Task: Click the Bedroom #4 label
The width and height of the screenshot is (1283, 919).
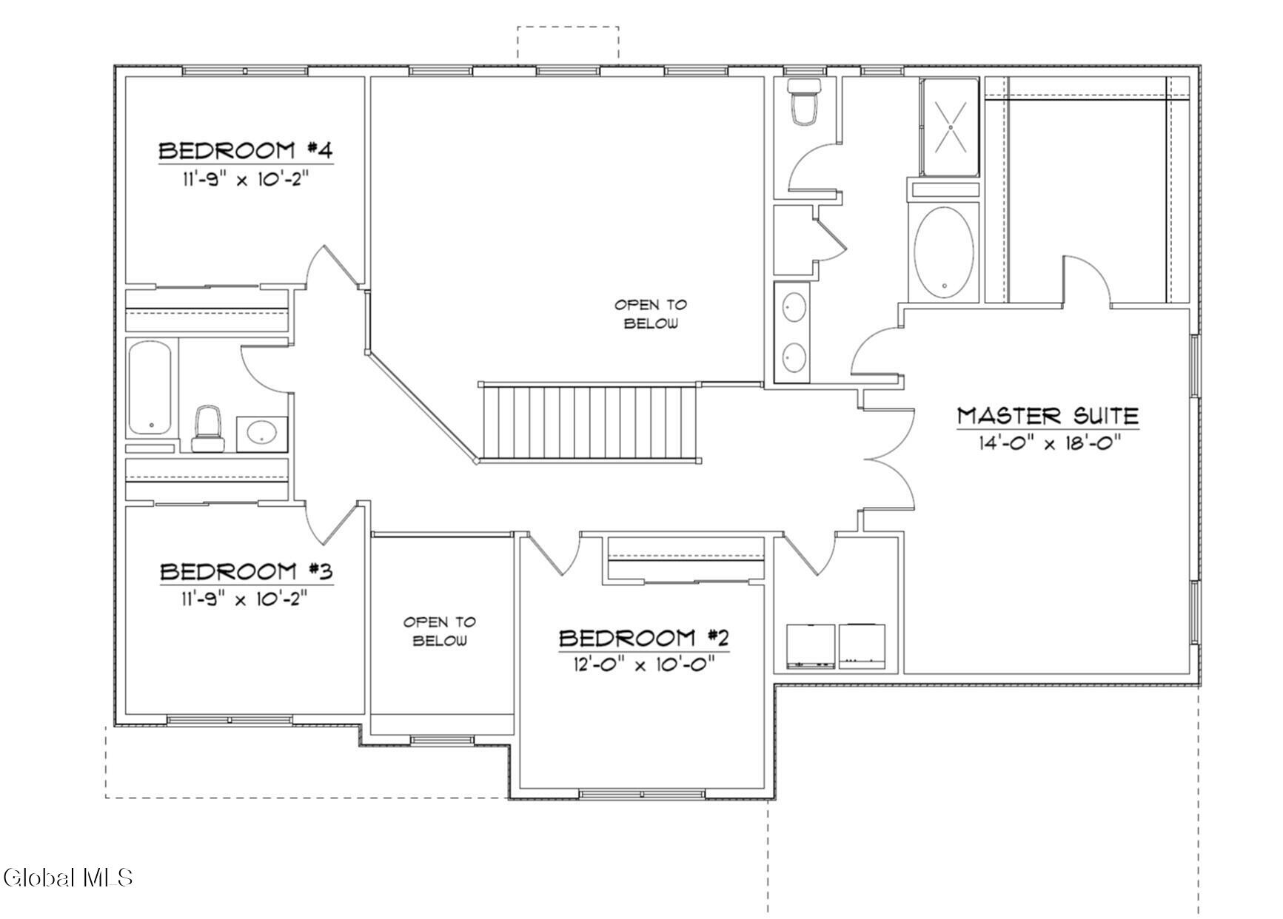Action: pyautogui.click(x=246, y=151)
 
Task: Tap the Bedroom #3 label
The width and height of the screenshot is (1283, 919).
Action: pyautogui.click(x=247, y=572)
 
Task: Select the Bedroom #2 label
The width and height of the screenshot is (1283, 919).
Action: pyautogui.click(x=644, y=638)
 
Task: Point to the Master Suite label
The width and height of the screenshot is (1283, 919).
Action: pyautogui.click(x=1048, y=416)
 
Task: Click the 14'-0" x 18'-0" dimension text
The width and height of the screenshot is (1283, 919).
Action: pyautogui.click(x=1048, y=443)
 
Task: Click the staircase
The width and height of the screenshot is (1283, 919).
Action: pyautogui.click(x=590, y=422)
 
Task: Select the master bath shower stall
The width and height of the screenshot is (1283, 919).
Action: pyautogui.click(x=950, y=127)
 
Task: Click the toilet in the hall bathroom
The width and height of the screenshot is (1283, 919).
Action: pyautogui.click(x=207, y=428)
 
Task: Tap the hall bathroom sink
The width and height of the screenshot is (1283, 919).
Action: pyautogui.click(x=261, y=432)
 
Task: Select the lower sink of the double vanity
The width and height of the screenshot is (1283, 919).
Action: pyautogui.click(x=795, y=357)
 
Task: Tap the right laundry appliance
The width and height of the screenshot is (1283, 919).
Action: pyautogui.click(x=861, y=644)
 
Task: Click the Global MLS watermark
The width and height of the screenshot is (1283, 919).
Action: pyautogui.click(x=67, y=878)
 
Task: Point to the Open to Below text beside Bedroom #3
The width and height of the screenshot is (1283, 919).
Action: pyautogui.click(x=440, y=631)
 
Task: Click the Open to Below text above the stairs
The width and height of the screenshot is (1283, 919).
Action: pyautogui.click(x=651, y=314)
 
